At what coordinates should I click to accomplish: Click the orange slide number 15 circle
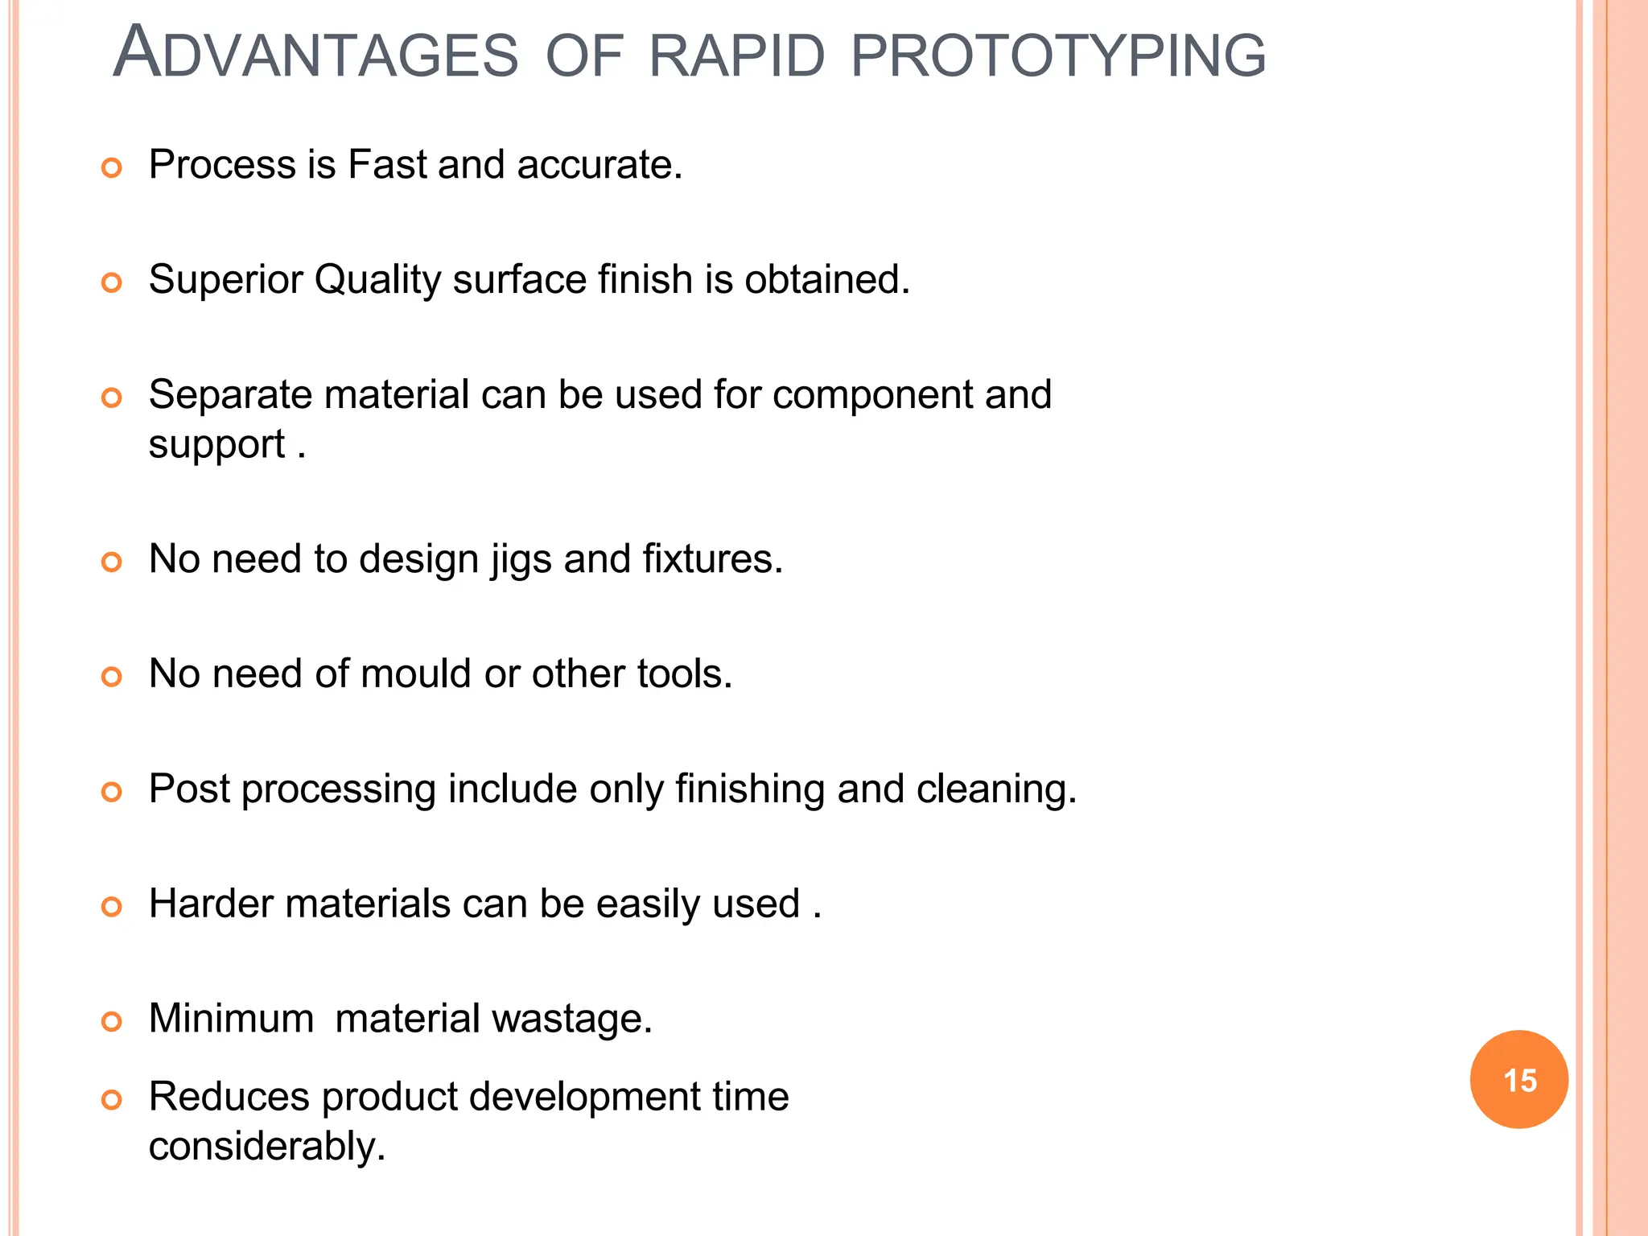coord(1518,1079)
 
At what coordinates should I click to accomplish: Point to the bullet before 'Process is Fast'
coord(112,167)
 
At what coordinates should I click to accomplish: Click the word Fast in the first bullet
coord(387,164)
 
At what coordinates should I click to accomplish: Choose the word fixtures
coord(712,558)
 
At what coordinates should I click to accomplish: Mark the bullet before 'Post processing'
coord(112,792)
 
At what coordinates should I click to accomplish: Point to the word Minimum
coord(231,1018)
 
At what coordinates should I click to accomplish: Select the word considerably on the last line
coord(267,1146)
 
